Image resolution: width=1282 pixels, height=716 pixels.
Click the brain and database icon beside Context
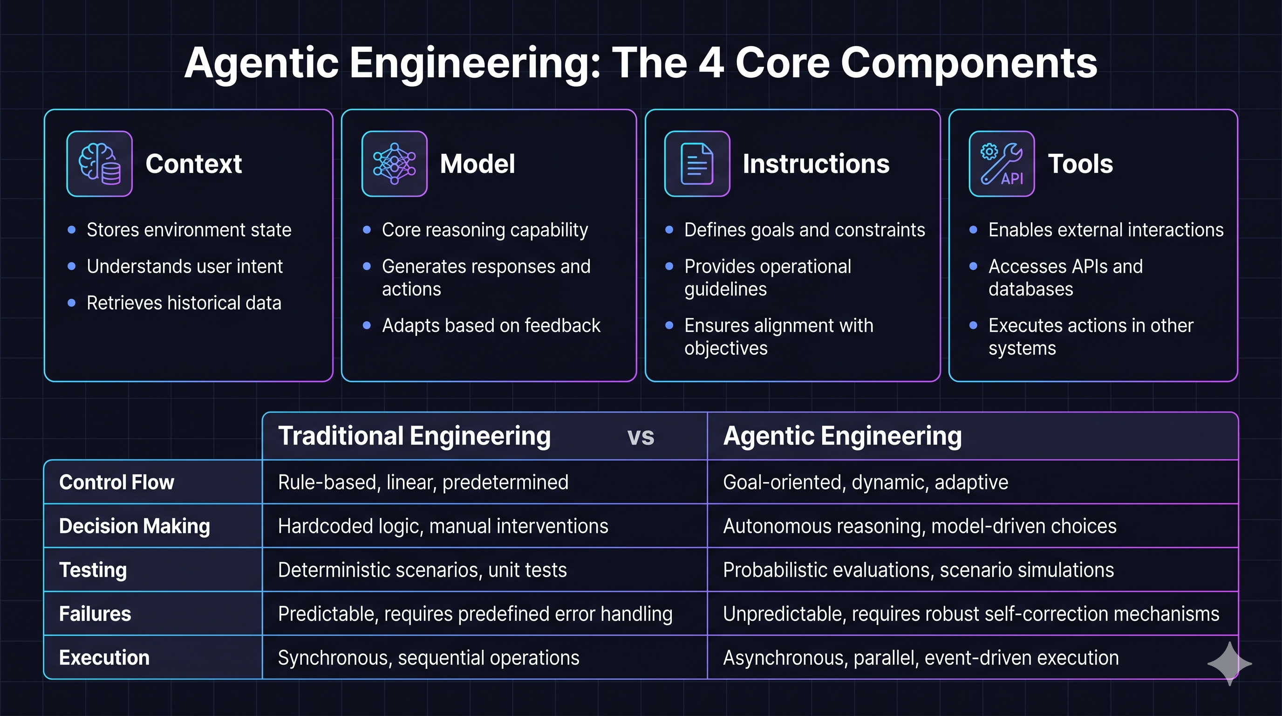(100, 164)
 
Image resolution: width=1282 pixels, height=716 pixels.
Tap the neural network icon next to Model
(394, 164)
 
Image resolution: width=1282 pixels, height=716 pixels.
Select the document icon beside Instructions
(697, 164)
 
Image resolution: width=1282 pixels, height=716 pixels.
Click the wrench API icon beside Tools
(1001, 164)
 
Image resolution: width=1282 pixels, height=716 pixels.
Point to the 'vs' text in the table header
(641, 437)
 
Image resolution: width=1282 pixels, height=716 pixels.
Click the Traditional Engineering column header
(414, 436)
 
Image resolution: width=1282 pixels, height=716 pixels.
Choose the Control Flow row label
(116, 482)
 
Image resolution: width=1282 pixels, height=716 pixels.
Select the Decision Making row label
(134, 526)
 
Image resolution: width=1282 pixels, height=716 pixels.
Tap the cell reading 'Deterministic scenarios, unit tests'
(422, 570)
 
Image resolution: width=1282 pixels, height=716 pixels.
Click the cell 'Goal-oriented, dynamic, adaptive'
(865, 482)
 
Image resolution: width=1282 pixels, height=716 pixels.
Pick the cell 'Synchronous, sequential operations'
(429, 658)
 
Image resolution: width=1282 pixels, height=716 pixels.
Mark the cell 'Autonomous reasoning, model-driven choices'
(919, 526)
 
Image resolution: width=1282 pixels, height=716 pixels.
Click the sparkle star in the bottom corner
(1229, 663)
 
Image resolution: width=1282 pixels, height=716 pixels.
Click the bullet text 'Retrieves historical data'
(184, 303)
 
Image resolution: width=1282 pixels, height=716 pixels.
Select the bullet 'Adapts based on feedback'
(491, 325)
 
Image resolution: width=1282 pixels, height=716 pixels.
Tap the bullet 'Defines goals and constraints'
(804, 229)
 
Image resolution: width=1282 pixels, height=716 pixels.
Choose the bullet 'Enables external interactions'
(1105, 229)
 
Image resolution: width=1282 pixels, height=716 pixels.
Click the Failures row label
(95, 613)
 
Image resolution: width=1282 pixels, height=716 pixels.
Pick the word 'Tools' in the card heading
(1080, 164)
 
